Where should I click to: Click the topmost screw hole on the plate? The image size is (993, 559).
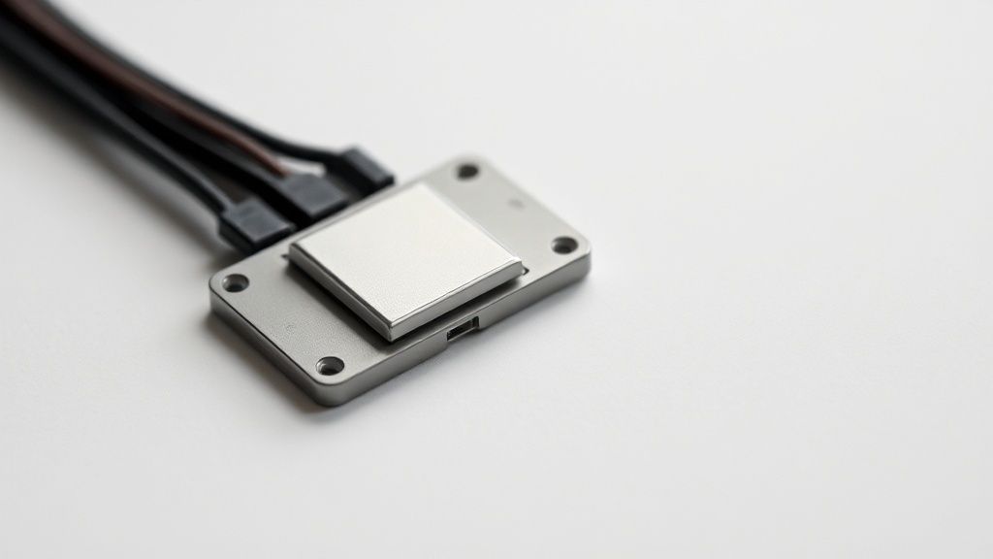467,171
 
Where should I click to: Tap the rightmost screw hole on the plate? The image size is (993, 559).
564,245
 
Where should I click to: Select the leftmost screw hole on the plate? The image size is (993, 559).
235,283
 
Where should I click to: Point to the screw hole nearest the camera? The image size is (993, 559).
330,366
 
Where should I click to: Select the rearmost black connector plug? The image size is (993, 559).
367,168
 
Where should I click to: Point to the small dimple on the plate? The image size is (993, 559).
515,205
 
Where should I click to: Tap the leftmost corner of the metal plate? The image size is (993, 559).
212,290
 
